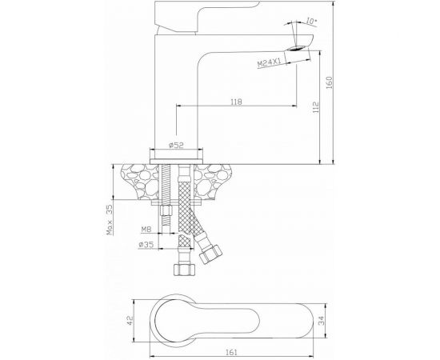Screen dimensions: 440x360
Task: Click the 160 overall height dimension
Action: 330,82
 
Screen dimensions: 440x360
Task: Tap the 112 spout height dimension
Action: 316,107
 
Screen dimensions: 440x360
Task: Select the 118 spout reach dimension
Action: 236,102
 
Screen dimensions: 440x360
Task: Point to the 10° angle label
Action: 311,21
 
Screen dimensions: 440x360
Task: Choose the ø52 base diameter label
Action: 176,145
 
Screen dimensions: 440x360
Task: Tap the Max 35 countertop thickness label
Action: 110,219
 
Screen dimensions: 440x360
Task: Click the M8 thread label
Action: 146,230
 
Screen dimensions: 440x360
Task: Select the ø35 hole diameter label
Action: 146,245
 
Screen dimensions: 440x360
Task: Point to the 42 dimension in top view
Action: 130,321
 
